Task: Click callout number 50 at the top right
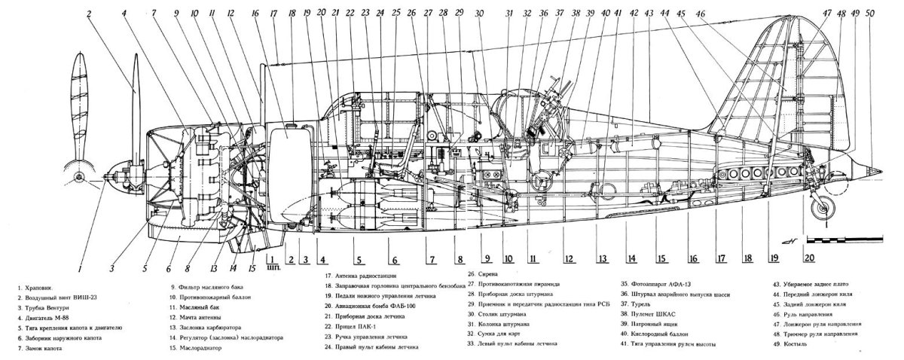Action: coord(872,13)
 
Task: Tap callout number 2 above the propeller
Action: coord(90,14)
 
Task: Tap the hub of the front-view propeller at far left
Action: coord(79,178)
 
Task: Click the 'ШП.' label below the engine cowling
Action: coord(273,266)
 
